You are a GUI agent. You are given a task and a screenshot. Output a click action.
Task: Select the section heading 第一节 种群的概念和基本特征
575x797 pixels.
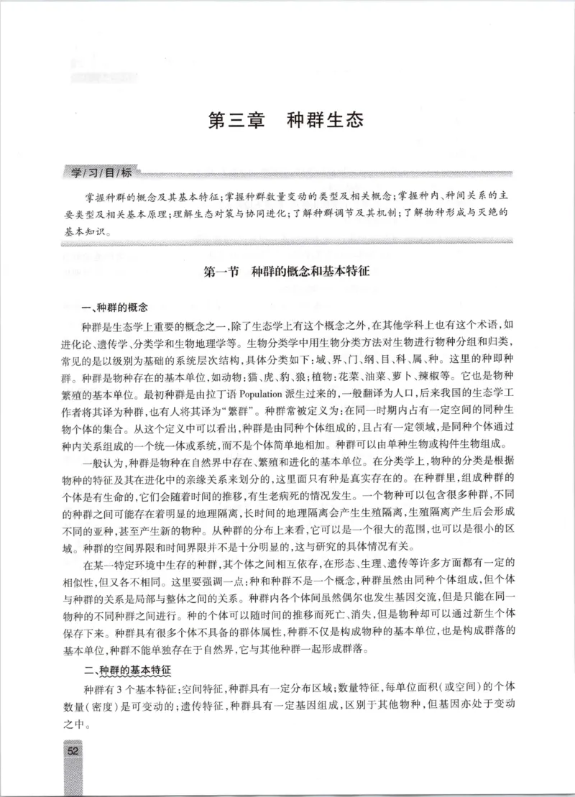pos(286,272)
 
